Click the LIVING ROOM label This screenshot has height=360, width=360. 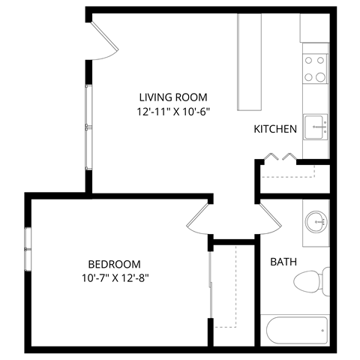tap(172, 97)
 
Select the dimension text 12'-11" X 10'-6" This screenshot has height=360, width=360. tap(172, 112)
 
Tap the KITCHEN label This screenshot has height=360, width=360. tap(275, 129)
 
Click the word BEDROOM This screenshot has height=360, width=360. tap(115, 264)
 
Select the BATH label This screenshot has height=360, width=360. tap(283, 262)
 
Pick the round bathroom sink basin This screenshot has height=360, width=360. tap(316, 220)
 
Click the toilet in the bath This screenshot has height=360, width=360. tap(310, 281)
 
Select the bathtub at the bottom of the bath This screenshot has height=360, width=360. tap(294, 330)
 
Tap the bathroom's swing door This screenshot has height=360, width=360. tap(268, 217)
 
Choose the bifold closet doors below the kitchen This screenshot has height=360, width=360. tap(280, 157)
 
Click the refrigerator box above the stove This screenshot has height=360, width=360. tap(315, 28)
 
